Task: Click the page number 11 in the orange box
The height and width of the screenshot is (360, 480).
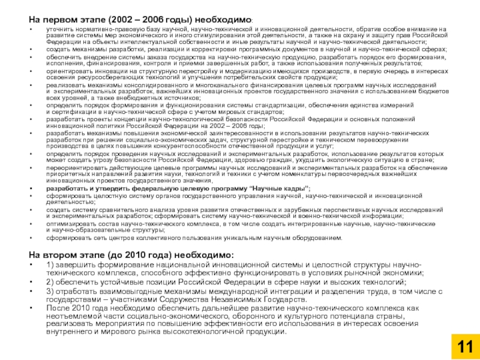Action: click(466, 346)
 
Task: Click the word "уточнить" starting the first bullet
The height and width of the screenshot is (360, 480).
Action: click(58, 29)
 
